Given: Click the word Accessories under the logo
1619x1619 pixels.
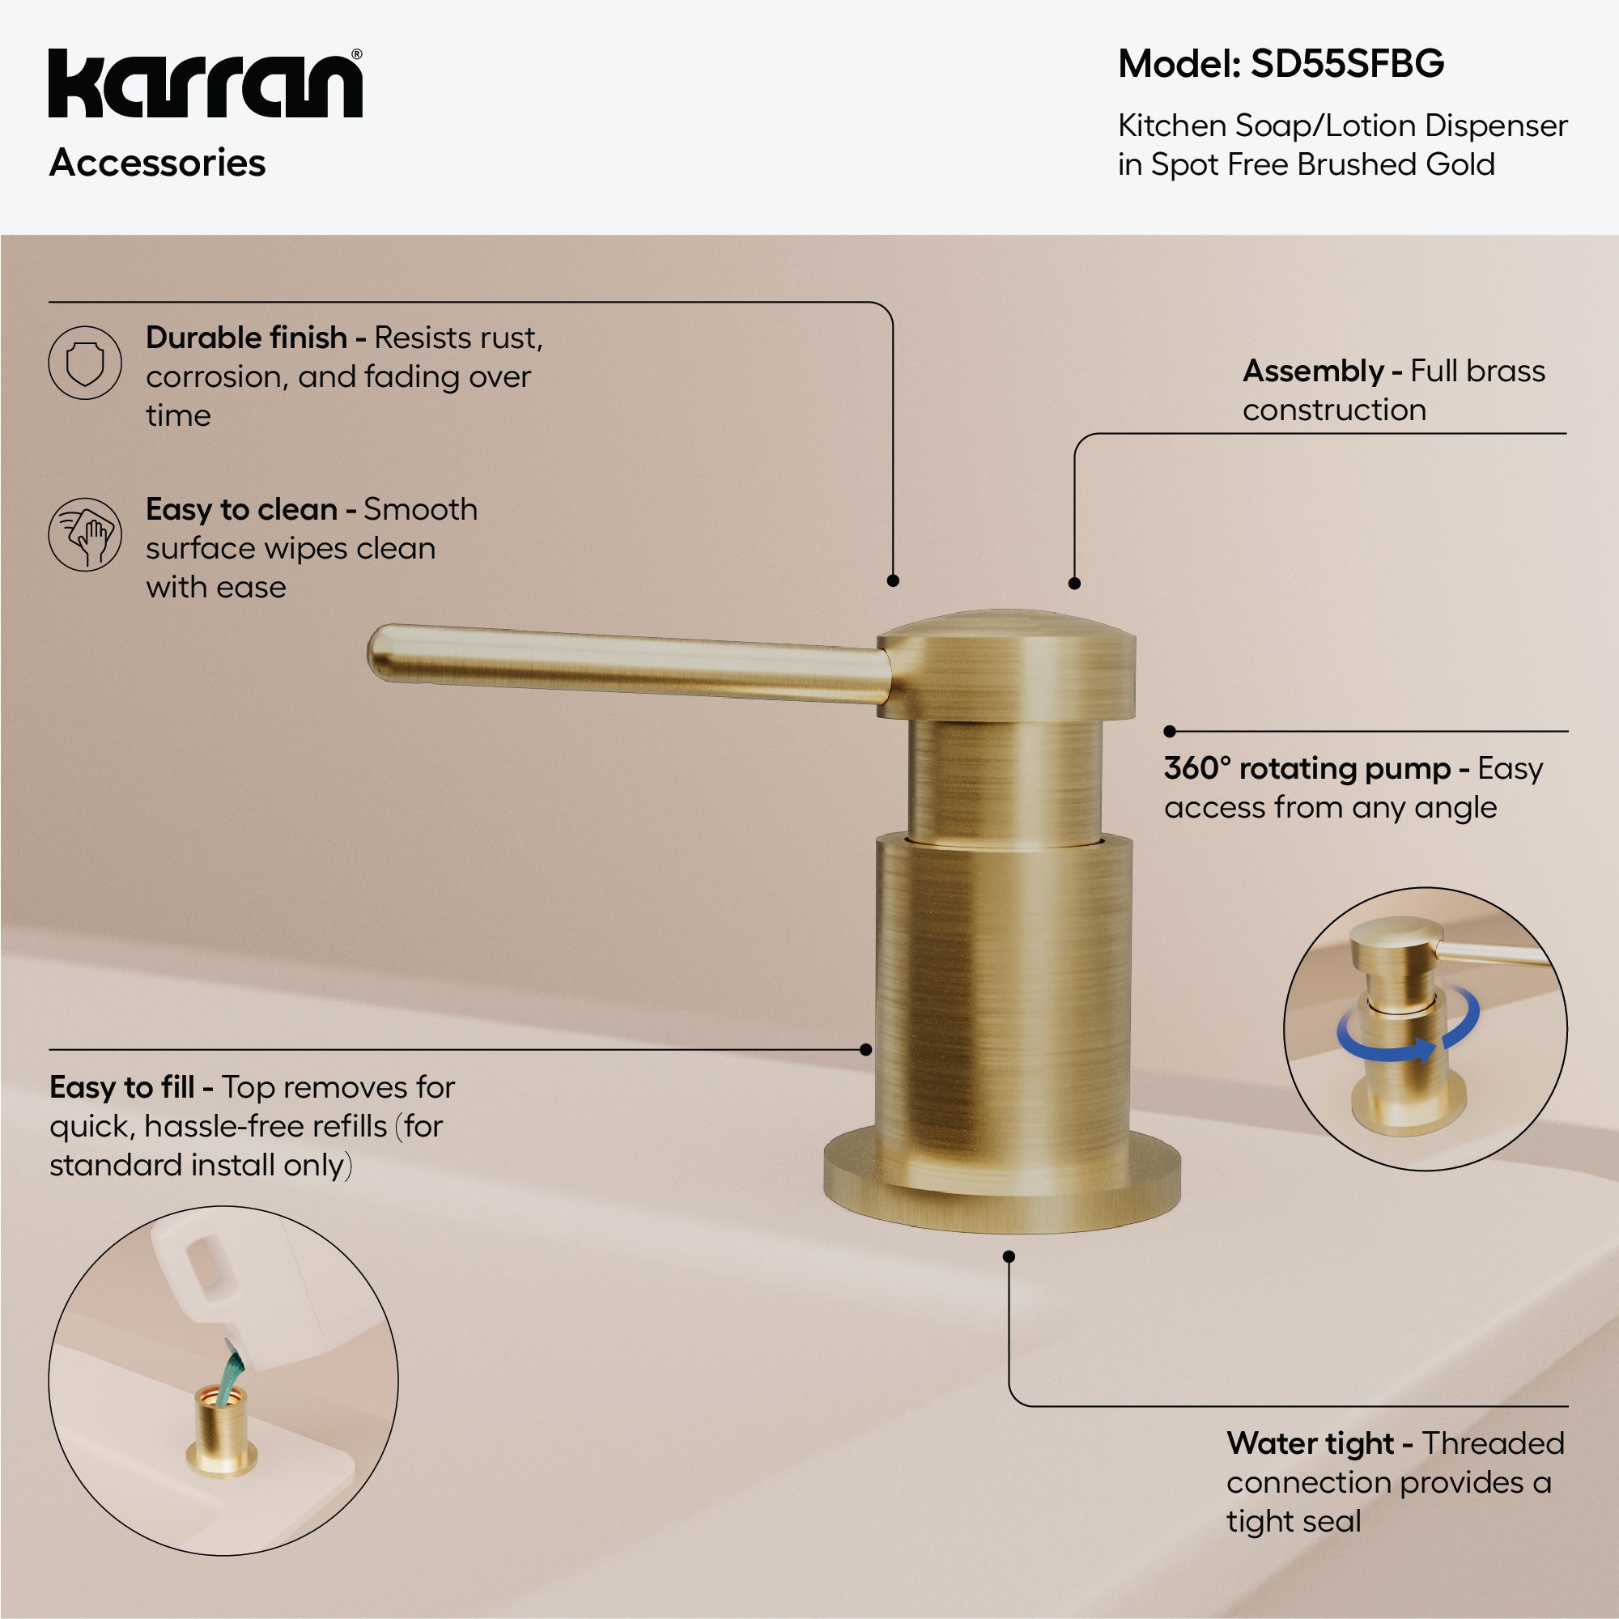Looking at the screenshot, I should pos(158,163).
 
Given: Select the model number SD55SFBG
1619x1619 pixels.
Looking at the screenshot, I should pos(1347,64).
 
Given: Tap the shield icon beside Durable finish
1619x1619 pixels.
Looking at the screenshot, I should pos(85,363).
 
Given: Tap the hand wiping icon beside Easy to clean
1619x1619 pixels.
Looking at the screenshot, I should pos(85,533).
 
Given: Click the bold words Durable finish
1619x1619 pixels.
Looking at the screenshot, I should pos(246,338).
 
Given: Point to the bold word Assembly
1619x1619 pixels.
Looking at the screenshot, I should pos(1312,372).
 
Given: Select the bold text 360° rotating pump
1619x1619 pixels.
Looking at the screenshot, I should pos(1307,768).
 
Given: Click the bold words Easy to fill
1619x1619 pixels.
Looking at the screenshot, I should pos(121,1087).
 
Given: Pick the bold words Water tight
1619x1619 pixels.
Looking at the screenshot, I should pos(1310,1443).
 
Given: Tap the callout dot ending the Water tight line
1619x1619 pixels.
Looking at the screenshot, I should pos(1009,1256).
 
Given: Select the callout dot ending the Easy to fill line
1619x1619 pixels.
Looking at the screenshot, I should pos(865,1049).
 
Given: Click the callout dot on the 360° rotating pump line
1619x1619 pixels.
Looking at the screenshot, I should pos(1170,732).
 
